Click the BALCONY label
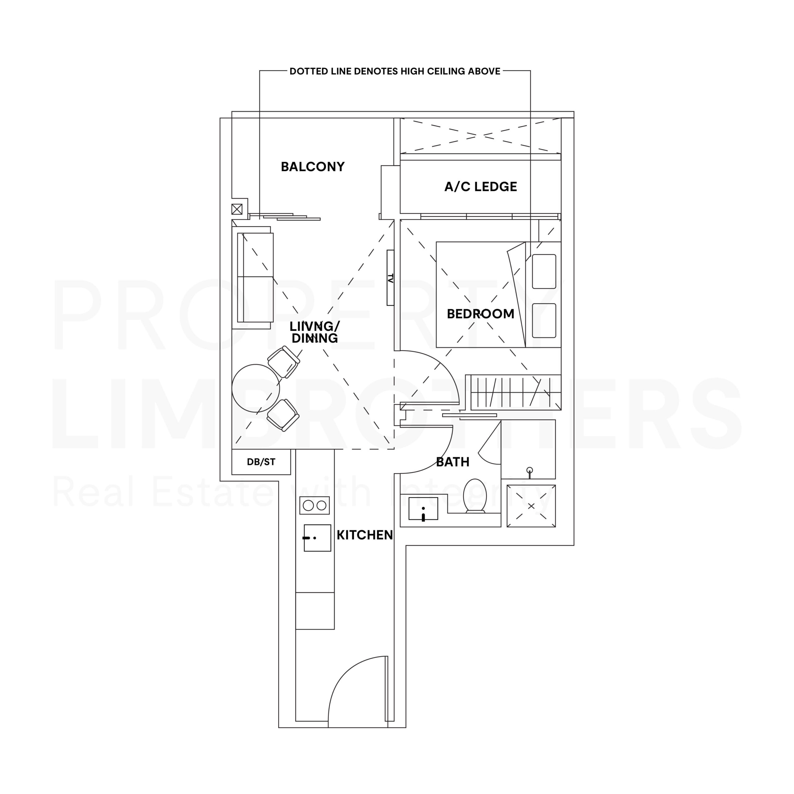[x=312, y=167]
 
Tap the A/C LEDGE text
[x=480, y=187]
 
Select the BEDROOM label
[x=480, y=314]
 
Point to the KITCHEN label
[x=364, y=535]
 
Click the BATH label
[x=453, y=462]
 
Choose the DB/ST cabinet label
[x=261, y=462]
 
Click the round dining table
[x=256, y=388]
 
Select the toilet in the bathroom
[x=475, y=496]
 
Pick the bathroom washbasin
[x=423, y=509]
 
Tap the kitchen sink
[x=317, y=538]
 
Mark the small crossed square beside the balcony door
[x=237, y=210]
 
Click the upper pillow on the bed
[x=544, y=271]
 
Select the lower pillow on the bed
[x=544, y=321]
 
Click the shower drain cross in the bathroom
[x=531, y=506]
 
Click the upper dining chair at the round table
[x=283, y=362]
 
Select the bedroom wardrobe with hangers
[x=516, y=392]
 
